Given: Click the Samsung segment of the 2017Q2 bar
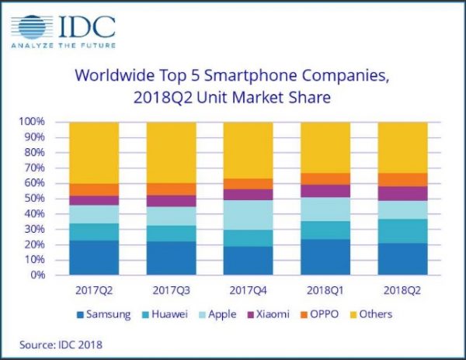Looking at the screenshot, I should pos(94,258).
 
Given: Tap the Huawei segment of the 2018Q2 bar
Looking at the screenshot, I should pos(402,231).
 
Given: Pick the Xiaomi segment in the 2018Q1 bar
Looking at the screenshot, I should pos(325,191).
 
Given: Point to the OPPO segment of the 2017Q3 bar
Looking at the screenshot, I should pos(171,189).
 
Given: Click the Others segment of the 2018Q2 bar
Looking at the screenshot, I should pos(402,147).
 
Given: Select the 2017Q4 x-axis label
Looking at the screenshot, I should pos(248,289).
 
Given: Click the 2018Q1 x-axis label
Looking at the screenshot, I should pos(325,289).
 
